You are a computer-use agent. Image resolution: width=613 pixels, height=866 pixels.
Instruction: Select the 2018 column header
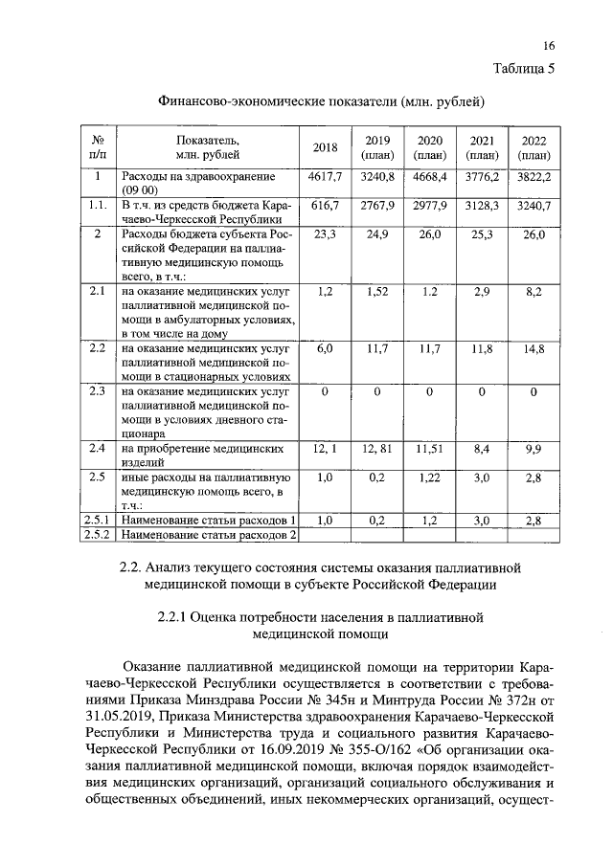pyautogui.click(x=326, y=146)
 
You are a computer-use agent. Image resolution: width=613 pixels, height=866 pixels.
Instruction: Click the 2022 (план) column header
pyautogui.click(x=533, y=146)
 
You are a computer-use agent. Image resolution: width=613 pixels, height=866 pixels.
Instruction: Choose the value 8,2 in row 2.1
pyautogui.click(x=533, y=290)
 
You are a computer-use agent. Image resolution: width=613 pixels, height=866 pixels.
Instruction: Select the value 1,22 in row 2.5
pyautogui.click(x=429, y=477)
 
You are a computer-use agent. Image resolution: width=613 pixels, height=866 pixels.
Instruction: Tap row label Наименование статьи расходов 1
pyautogui.click(x=204, y=520)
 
